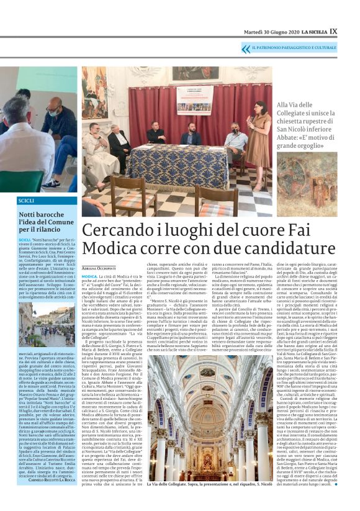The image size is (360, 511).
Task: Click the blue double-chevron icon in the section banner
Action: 246,48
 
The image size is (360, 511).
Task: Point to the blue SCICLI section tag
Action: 26,201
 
